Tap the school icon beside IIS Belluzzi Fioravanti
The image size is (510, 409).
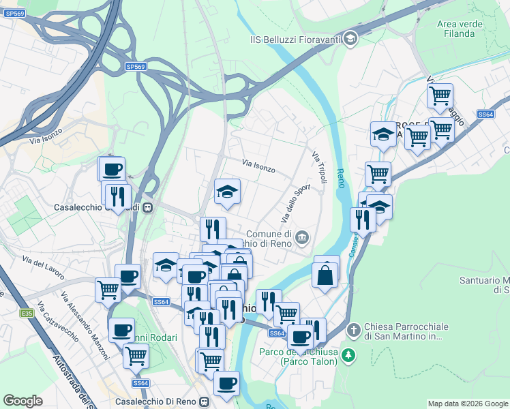pos(350,37)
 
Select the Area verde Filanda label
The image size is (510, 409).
pos(455,29)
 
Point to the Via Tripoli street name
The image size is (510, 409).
pos(320,168)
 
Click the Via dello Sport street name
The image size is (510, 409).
pos(295,203)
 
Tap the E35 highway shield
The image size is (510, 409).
pos(27,313)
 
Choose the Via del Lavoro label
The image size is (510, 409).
pos(43,269)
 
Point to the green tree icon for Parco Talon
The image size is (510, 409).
pos(348,355)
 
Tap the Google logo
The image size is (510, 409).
pos(23,401)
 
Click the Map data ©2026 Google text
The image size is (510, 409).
pos(467,404)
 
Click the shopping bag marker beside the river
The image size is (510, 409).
pos(326,275)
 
